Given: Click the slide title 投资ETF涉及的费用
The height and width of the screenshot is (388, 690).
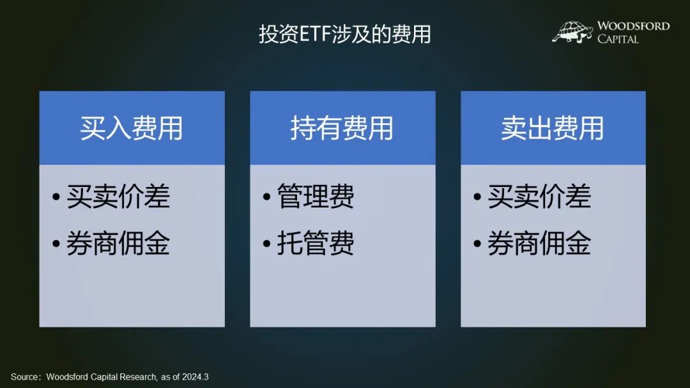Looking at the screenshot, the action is coord(344,34).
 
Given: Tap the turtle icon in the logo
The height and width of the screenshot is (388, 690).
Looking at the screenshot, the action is coord(572,32).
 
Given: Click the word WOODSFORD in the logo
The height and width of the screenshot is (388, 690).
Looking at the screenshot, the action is coord(633,26).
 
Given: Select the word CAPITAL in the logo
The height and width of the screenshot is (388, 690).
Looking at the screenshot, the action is coord(618,39).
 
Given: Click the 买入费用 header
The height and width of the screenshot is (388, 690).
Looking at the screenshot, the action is coord(131,128).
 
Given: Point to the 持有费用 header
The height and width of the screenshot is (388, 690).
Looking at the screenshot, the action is coord(342,128).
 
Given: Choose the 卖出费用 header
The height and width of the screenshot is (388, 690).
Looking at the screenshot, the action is coord(552,128).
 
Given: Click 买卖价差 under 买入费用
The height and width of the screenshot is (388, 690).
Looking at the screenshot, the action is coord(118,196).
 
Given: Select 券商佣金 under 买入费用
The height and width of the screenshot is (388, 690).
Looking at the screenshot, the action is coord(118,243).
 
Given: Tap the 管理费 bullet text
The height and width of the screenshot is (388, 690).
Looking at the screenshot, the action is coord(316,196).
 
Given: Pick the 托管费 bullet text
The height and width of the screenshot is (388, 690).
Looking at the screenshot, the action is coord(316,243).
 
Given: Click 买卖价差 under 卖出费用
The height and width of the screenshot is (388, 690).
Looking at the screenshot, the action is coord(539,196).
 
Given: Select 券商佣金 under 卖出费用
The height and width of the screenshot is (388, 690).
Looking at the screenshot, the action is coord(539,243).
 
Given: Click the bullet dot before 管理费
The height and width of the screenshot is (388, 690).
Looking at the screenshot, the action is coord(266,197).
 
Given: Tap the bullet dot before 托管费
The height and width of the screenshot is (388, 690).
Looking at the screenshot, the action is coord(266,243).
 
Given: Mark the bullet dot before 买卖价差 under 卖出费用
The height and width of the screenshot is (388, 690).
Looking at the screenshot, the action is coord(477,197).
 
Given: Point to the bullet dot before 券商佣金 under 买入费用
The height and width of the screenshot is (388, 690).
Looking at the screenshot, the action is coord(56,243).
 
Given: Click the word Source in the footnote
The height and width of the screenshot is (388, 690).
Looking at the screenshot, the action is coord(24,377).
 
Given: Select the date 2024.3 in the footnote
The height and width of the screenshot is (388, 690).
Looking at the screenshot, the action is coord(195,377).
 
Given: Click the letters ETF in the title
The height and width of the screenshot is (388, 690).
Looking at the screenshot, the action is coord(315,34).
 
